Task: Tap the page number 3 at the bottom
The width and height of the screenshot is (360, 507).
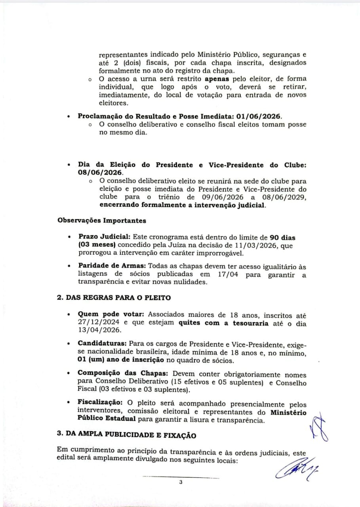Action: point(181,482)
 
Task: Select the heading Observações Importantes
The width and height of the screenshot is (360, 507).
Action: point(102,221)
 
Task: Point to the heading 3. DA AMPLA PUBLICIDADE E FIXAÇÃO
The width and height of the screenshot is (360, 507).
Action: point(127,435)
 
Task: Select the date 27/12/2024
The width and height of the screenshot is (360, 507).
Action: point(97,322)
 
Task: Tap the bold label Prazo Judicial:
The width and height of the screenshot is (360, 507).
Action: point(104,237)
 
